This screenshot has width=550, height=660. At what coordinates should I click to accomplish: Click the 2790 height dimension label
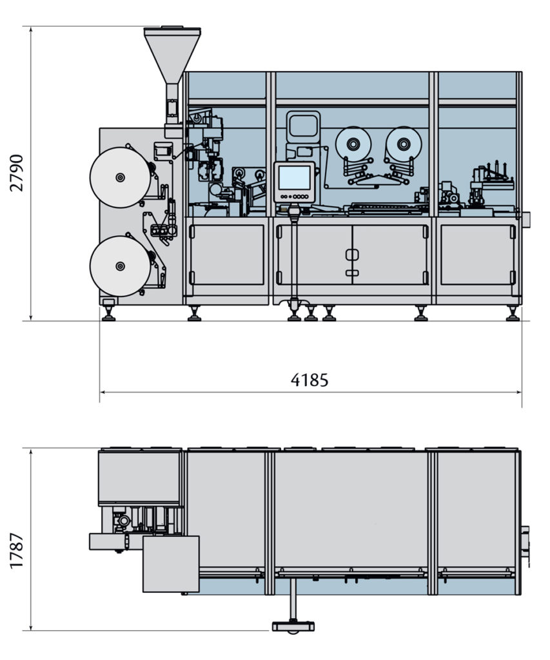[17, 173]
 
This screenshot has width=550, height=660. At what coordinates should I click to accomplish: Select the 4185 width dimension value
[309, 380]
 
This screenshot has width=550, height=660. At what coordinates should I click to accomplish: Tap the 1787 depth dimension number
[17, 550]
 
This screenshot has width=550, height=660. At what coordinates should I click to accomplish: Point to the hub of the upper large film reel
[120, 177]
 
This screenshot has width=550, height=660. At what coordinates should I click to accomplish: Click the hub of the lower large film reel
[120, 266]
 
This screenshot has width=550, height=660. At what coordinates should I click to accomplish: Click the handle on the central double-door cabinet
[351, 255]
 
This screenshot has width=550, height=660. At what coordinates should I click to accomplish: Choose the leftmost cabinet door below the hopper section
[227, 255]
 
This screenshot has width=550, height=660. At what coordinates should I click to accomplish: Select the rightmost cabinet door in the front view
[477, 255]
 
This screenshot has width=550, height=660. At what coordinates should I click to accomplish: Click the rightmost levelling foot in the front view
[513, 315]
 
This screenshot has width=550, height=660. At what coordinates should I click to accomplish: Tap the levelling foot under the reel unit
[109, 315]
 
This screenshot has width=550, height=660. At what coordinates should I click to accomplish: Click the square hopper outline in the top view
[171, 564]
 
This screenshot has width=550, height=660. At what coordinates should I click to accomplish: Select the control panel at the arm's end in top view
[293, 626]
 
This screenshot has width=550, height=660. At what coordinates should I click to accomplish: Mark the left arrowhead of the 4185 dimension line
[103, 392]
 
